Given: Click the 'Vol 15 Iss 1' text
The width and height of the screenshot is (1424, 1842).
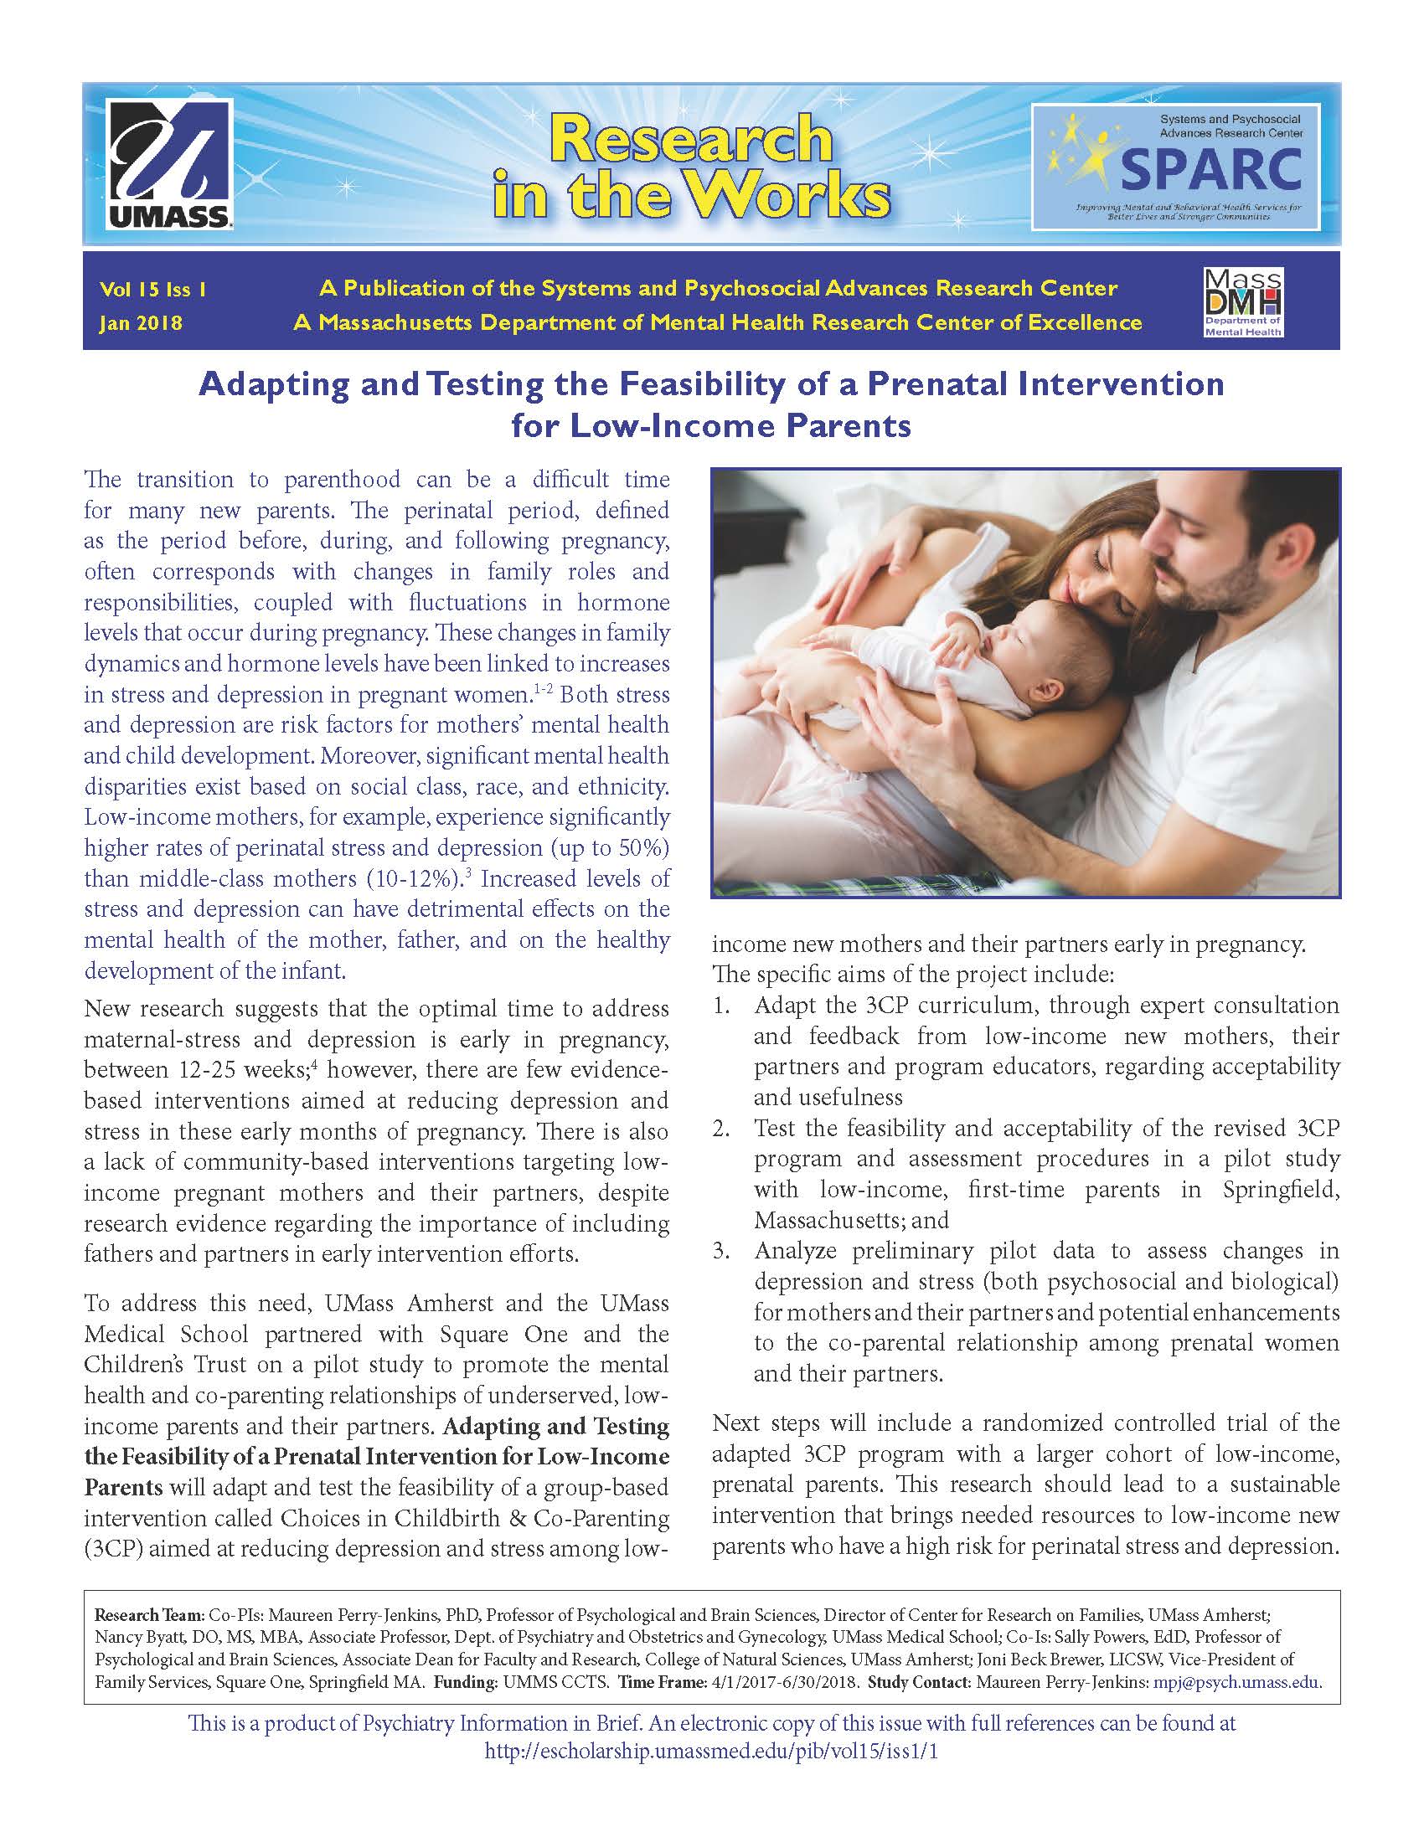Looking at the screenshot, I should point(152,290).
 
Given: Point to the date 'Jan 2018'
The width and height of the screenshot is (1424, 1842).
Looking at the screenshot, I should point(141,323).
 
